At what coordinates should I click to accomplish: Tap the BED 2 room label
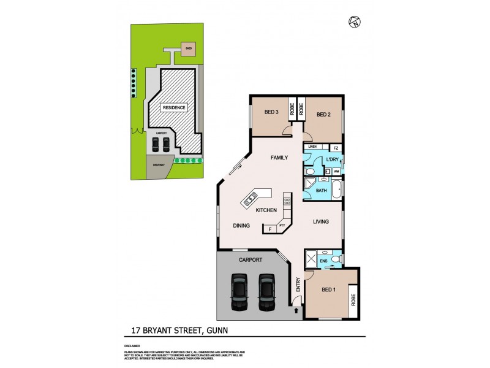tap(324, 114)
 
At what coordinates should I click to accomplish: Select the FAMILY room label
tap(279, 158)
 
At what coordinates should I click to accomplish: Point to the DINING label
tap(241, 226)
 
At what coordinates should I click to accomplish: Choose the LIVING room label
tap(322, 222)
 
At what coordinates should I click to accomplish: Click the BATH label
tap(322, 191)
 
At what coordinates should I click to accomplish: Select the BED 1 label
tap(329, 290)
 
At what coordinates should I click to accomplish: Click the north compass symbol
tap(353, 23)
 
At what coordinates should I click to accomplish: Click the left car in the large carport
tap(238, 293)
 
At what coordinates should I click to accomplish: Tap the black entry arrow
tap(296, 311)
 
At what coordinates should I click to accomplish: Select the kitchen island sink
tap(251, 199)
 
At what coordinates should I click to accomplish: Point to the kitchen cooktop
tap(286, 201)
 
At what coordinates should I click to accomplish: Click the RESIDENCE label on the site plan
tap(173, 108)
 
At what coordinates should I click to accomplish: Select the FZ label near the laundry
tap(335, 148)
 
